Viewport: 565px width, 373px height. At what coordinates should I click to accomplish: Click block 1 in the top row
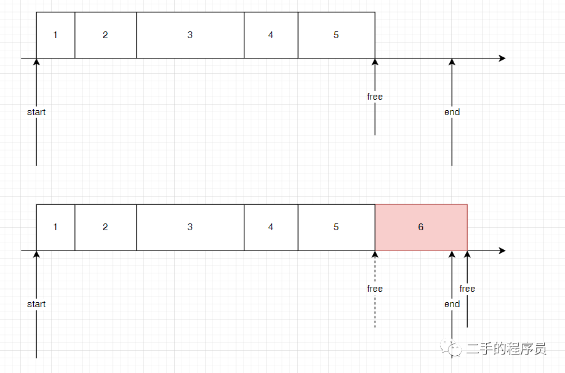click(x=55, y=35)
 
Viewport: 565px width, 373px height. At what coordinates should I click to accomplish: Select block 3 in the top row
click(x=190, y=35)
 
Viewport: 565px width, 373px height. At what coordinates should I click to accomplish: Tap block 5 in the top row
click(x=336, y=35)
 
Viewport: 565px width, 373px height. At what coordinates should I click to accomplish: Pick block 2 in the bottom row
click(x=105, y=227)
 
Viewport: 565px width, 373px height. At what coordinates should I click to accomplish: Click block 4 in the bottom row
click(x=271, y=227)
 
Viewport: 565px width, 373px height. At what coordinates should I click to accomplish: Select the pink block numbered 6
click(x=421, y=227)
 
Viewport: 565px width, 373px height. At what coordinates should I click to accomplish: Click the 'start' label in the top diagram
click(x=36, y=112)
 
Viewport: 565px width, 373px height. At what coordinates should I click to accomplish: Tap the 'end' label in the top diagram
click(x=452, y=112)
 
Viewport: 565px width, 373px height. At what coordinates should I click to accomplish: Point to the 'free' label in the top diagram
click(x=375, y=97)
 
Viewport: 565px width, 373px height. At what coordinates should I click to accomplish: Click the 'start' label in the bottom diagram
click(x=36, y=304)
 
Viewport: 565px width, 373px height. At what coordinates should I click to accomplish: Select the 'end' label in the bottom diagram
click(x=452, y=304)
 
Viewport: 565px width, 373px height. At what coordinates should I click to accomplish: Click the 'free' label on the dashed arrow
click(x=375, y=289)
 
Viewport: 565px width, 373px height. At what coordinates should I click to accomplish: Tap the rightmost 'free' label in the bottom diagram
click(x=467, y=289)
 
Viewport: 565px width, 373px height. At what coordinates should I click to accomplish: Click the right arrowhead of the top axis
click(x=502, y=58)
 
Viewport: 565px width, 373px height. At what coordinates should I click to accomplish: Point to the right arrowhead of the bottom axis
click(x=502, y=251)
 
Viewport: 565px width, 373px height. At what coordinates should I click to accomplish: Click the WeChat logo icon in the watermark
click(x=454, y=349)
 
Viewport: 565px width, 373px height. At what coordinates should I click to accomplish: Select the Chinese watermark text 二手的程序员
click(x=506, y=349)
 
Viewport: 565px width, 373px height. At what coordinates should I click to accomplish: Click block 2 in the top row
click(x=105, y=35)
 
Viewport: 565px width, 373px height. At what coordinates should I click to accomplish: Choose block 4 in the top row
click(x=271, y=35)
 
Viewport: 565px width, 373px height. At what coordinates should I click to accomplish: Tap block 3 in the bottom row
click(x=190, y=227)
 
